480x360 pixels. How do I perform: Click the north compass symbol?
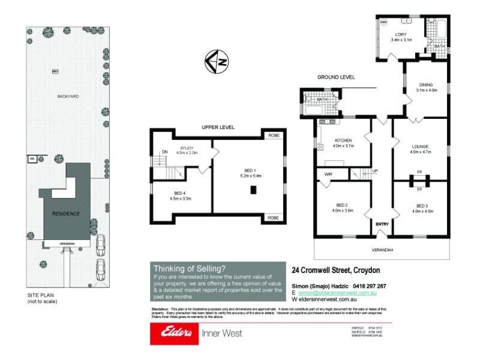216,61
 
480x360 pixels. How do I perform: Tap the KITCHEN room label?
344,140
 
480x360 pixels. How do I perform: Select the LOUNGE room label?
420,146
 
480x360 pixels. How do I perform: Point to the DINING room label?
427,85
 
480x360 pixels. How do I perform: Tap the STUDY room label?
187,148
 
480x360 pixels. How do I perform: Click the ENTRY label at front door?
382,224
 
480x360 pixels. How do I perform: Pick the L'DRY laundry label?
401,35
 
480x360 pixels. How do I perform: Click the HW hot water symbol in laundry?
383,22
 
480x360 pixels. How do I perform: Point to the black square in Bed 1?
253,191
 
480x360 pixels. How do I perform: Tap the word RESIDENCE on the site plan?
65,214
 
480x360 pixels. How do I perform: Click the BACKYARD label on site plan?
68,96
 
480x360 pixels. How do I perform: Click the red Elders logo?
173,333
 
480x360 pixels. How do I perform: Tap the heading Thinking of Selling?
190,268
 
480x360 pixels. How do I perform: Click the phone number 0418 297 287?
364,286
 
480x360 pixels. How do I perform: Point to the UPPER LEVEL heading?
218,127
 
